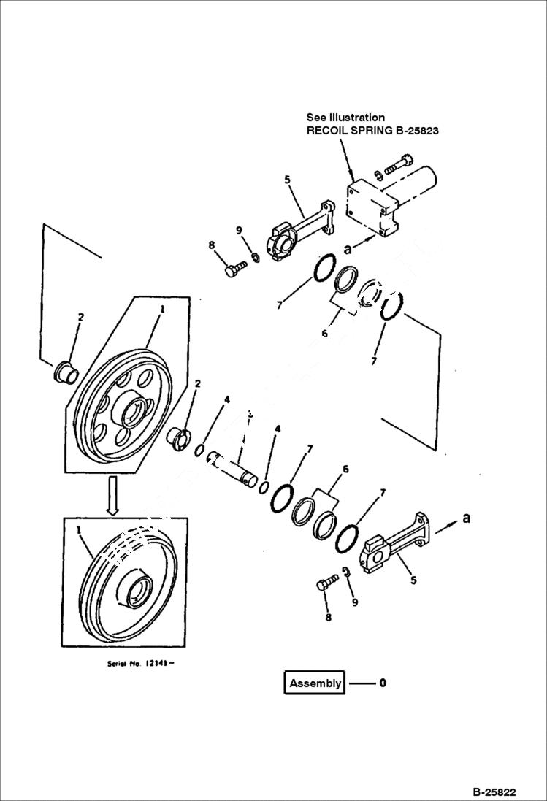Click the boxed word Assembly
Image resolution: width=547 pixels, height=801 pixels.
pyautogui.click(x=315, y=683)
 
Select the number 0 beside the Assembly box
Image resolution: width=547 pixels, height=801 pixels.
pyautogui.click(x=382, y=683)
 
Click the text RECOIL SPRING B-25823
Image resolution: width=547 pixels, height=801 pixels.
pyautogui.click(x=372, y=131)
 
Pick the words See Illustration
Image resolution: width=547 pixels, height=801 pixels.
pyautogui.click(x=345, y=117)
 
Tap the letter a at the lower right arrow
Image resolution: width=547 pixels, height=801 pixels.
pyautogui.click(x=466, y=518)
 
